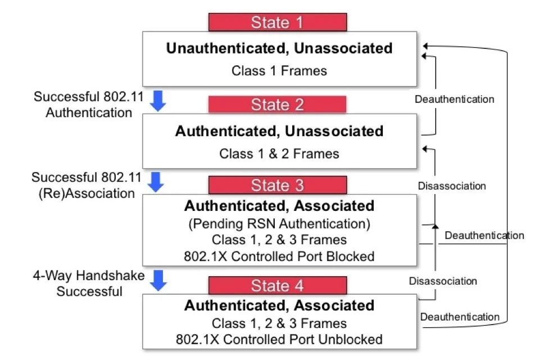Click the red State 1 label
pyautogui.click(x=278, y=22)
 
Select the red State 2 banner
pyautogui.click(x=277, y=105)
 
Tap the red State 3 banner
pyautogui.click(x=277, y=185)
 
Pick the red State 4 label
pyautogui.click(x=277, y=285)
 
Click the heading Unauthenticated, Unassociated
pyautogui.click(x=279, y=48)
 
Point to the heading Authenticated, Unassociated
pyautogui.click(x=279, y=132)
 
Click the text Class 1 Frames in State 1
pyautogui.click(x=279, y=71)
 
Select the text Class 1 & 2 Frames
pyautogui.click(x=279, y=154)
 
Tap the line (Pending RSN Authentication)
pyautogui.click(x=279, y=224)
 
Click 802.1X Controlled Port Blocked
pyautogui.click(x=279, y=256)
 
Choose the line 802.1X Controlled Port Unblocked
pyautogui.click(x=279, y=339)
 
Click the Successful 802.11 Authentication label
pyautogui.click(x=82, y=104)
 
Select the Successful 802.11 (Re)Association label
pyautogui.click(x=83, y=185)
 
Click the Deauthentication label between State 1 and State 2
pyautogui.click(x=454, y=100)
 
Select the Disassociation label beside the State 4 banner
pyautogui.click(x=443, y=281)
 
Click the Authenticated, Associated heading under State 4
pyautogui.click(x=279, y=306)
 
